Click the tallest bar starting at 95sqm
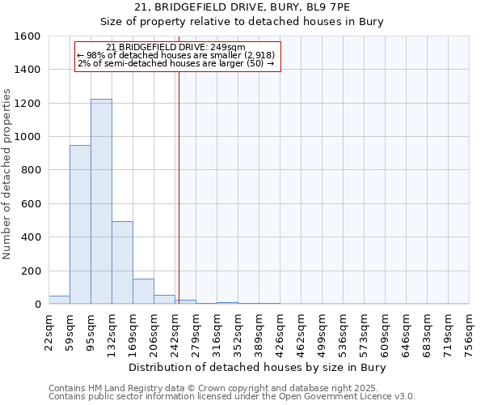click(x=101, y=202)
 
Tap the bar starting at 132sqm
click(x=122, y=262)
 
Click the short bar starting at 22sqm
click(x=59, y=300)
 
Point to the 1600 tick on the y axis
click(x=27, y=36)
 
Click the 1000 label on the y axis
click(x=27, y=137)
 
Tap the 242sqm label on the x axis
click(x=175, y=332)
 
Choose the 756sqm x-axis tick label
click(x=469, y=332)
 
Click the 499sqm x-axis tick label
click(x=322, y=332)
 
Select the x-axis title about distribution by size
click(x=258, y=368)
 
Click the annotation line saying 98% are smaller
click(x=176, y=55)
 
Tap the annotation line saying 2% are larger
click(x=176, y=63)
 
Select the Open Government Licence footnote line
click(x=232, y=397)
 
